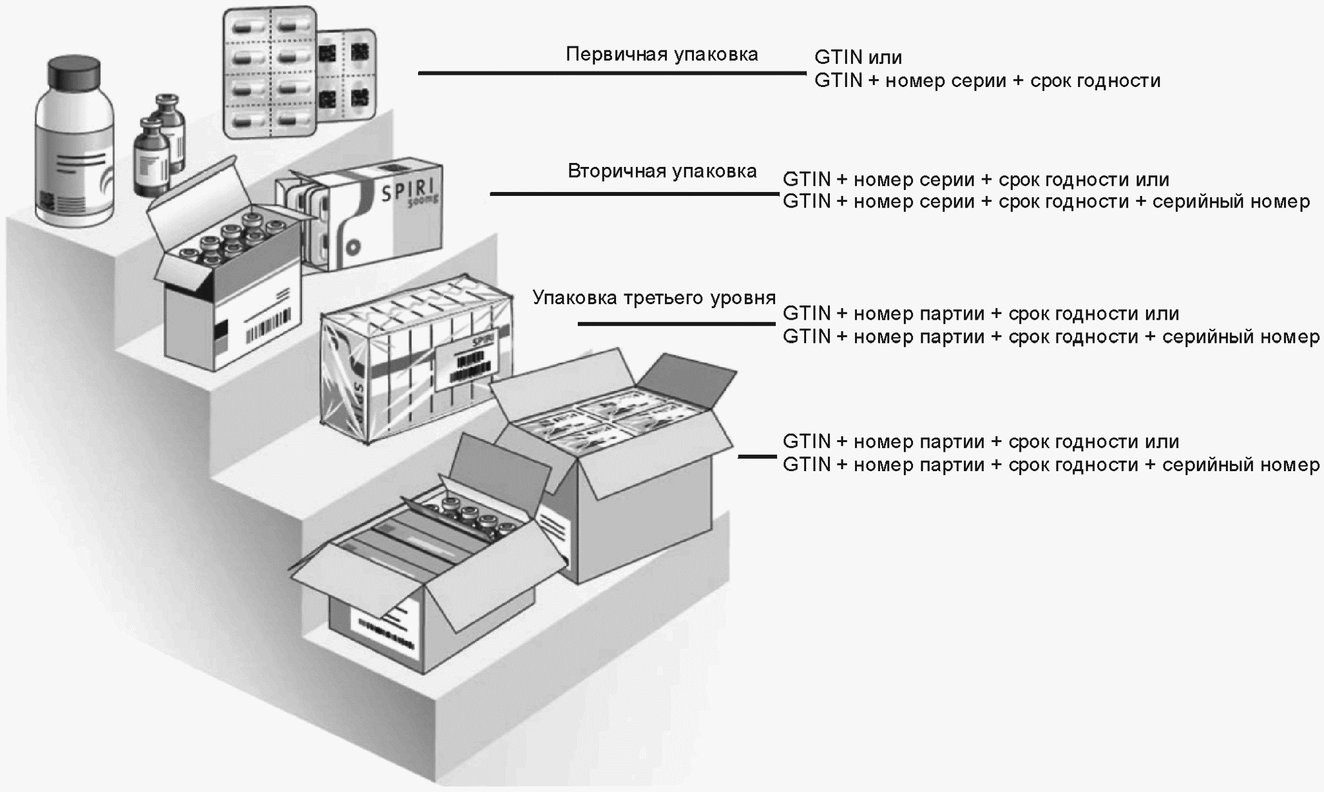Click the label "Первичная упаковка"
(662, 55)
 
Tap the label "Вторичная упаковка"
(662, 171)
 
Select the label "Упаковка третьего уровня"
(653, 298)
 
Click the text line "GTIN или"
(858, 57)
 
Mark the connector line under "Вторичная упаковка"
(634, 193)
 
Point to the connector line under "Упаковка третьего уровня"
(676, 324)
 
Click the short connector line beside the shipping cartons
(757, 457)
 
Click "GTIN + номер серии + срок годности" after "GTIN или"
(987, 81)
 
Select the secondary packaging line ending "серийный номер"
(1046, 202)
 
